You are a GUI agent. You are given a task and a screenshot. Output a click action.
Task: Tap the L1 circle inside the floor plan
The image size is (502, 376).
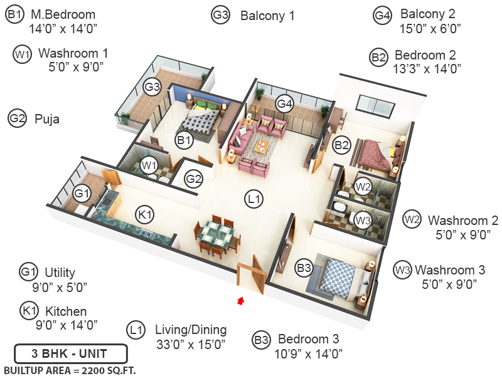click(254, 200)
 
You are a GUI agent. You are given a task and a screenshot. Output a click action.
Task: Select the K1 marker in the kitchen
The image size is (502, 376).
click(146, 216)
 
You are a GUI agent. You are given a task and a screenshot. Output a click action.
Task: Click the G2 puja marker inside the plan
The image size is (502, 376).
click(194, 180)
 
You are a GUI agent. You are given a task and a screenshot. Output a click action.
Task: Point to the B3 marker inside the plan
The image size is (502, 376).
click(304, 268)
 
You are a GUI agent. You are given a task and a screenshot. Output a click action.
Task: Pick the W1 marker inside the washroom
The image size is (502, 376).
click(149, 165)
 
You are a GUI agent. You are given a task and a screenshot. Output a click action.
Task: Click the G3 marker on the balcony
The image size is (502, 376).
click(152, 86)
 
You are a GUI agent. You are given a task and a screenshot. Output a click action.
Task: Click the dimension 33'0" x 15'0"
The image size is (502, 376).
click(191, 344)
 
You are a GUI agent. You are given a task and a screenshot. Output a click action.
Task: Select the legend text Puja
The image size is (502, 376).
click(47, 118)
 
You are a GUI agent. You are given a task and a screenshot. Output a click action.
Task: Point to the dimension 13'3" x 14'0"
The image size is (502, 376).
click(429, 69)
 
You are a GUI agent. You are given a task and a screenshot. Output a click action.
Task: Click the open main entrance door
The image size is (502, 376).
click(257, 273)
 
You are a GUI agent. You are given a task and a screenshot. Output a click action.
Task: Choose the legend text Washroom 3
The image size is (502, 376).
click(449, 270)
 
